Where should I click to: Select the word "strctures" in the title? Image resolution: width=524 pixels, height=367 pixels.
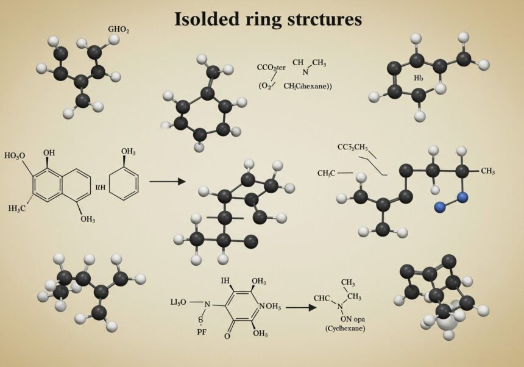(323, 19)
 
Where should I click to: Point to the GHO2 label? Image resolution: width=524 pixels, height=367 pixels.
(118, 29)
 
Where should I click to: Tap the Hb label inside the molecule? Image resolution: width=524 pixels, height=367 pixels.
(418, 78)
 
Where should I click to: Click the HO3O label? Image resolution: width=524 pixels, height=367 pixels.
(15, 155)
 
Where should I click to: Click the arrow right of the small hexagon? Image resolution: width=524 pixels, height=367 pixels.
(166, 181)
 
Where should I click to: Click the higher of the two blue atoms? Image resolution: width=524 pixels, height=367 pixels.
(462, 197)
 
